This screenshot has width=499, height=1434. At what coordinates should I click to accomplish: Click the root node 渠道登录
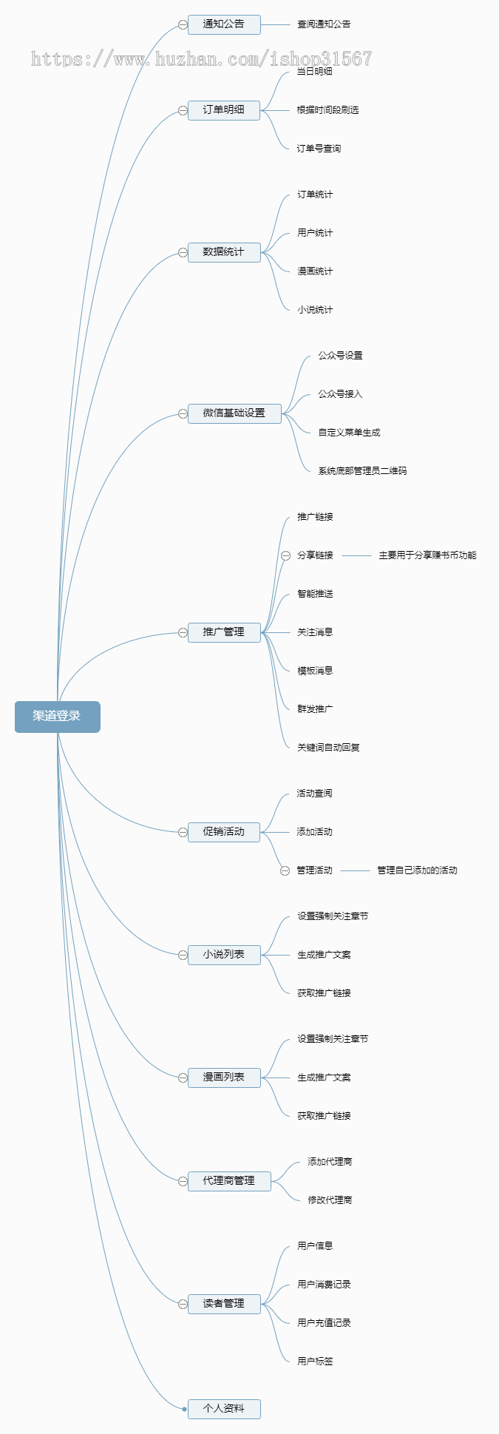point(57,717)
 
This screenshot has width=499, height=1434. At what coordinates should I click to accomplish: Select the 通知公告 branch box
point(224,24)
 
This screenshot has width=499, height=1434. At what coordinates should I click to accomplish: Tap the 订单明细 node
point(224,110)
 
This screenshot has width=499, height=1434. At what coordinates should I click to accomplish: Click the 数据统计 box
point(224,252)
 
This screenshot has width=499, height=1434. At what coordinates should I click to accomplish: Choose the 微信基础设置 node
point(234,413)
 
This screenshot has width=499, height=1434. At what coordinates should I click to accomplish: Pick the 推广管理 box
point(224,632)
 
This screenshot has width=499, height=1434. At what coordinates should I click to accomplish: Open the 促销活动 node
point(224,832)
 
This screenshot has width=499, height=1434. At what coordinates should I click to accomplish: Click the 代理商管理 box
point(229,1181)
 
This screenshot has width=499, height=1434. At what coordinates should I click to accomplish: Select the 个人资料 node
point(224,1409)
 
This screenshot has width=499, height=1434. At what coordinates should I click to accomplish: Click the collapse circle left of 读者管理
point(183,1304)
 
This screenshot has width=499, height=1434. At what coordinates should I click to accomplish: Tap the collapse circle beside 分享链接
point(285,555)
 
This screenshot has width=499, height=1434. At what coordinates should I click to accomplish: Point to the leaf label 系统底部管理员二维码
point(362,471)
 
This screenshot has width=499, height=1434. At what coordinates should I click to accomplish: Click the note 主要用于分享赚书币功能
point(427,555)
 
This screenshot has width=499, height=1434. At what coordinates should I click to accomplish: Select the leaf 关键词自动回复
point(328,748)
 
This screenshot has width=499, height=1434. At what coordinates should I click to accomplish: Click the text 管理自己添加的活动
point(417,870)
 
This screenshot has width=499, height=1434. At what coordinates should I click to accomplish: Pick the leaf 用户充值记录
point(324,1323)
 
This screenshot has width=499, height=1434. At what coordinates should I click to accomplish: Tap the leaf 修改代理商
point(330,1200)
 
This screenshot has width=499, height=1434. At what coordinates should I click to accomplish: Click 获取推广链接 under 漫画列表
point(324,1116)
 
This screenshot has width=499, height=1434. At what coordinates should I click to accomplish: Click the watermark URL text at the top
point(201,59)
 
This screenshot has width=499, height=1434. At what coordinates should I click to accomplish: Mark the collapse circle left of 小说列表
point(183,955)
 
